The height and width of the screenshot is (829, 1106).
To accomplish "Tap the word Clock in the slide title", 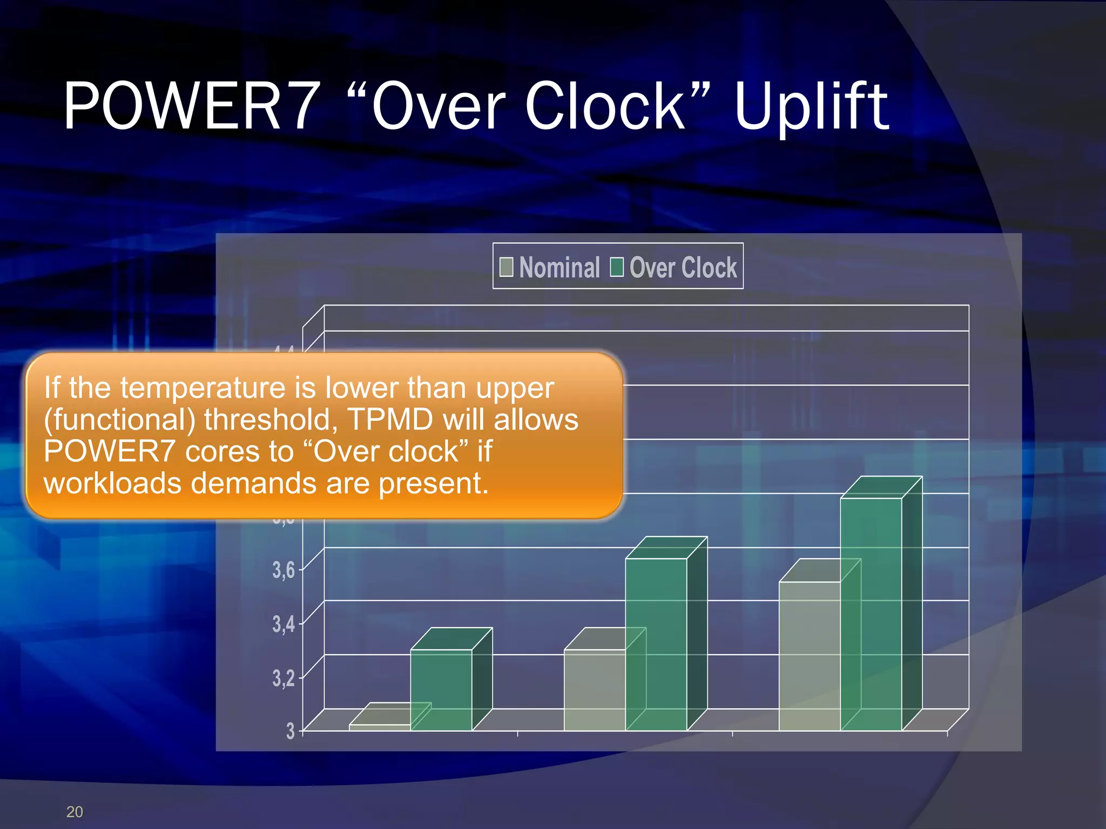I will [x=605, y=106].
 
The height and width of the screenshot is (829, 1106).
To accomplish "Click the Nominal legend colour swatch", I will [x=507, y=267].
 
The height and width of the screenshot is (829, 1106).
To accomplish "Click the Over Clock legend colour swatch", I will [x=617, y=267].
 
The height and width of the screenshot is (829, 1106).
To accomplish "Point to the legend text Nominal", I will [x=559, y=267].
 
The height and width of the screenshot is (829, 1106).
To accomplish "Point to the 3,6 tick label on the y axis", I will [x=284, y=569].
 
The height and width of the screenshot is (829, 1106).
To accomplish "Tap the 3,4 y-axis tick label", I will [x=284, y=623].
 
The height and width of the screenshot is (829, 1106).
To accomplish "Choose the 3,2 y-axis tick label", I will [x=284, y=677].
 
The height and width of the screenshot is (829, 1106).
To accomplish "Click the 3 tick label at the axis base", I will [x=291, y=731].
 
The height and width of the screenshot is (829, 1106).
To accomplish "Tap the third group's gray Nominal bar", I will [x=810, y=656].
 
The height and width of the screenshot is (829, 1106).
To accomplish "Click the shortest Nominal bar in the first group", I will [x=380, y=728].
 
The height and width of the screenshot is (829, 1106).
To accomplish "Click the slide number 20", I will [x=75, y=812].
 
